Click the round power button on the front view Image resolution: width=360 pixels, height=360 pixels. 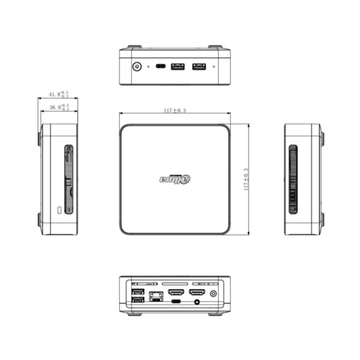(137, 66)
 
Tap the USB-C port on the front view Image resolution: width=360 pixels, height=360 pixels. (161, 66)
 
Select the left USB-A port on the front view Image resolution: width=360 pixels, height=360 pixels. (178, 66)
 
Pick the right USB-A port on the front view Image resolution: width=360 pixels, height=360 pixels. (199, 66)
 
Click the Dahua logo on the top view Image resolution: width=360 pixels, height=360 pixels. (175, 178)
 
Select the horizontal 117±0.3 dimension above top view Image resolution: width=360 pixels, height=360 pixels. (175, 110)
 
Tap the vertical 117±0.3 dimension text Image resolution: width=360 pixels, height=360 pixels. (246, 179)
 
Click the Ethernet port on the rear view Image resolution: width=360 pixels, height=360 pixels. (157, 295)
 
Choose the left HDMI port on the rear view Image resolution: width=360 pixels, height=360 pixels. (176, 293)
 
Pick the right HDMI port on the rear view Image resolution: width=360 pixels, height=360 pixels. (197, 293)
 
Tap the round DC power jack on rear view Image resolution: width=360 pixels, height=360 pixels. (214, 293)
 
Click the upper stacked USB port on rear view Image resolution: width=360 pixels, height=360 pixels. (137, 292)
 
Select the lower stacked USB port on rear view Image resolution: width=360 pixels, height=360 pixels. (137, 299)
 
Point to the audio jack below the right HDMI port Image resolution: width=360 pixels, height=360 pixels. (197, 302)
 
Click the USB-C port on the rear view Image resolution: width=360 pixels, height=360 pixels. (176, 302)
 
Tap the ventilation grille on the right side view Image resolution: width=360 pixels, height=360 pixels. (293, 179)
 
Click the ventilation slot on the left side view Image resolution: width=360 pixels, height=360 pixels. (68, 179)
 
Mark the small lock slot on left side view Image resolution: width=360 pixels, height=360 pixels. (59, 210)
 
